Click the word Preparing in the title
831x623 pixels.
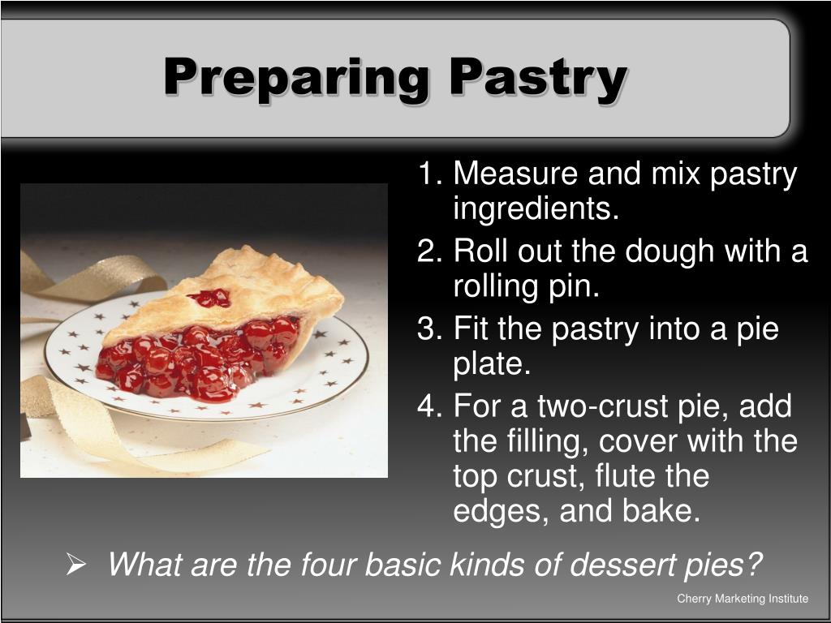295,79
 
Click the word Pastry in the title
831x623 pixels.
537,79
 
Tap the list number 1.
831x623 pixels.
428,174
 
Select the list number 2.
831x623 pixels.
428,251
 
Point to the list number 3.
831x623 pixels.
428,329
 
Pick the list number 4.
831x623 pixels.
428,406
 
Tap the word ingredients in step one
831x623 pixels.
536,210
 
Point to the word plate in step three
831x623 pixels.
491,364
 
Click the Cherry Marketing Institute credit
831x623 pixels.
743,599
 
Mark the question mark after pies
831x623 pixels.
755,564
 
